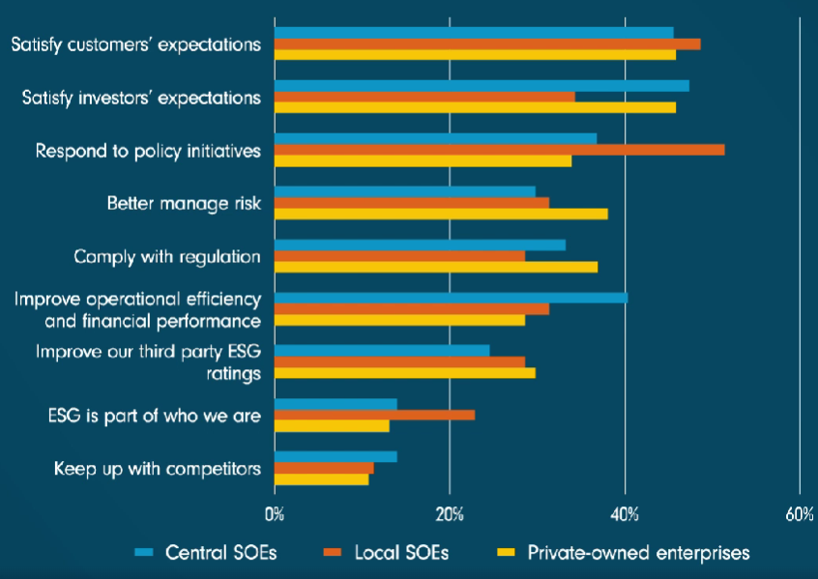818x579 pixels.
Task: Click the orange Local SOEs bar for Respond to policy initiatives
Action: pos(499,149)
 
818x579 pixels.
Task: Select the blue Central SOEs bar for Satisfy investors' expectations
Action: pos(482,85)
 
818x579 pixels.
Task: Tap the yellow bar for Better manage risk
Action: pos(441,214)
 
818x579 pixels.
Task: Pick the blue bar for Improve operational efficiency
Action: pos(451,298)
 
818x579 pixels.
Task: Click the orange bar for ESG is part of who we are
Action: pos(374,415)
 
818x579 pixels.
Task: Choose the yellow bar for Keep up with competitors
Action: pos(321,479)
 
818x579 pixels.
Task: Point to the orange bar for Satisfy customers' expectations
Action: pos(487,43)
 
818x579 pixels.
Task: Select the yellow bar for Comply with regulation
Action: pos(435,267)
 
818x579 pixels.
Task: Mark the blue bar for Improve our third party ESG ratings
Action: pos(382,350)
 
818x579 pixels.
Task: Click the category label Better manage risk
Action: pos(184,204)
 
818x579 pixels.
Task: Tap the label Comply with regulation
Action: pos(167,257)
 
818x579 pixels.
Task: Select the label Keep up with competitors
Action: pos(158,470)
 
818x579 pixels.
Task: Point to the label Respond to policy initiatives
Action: pos(148,151)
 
